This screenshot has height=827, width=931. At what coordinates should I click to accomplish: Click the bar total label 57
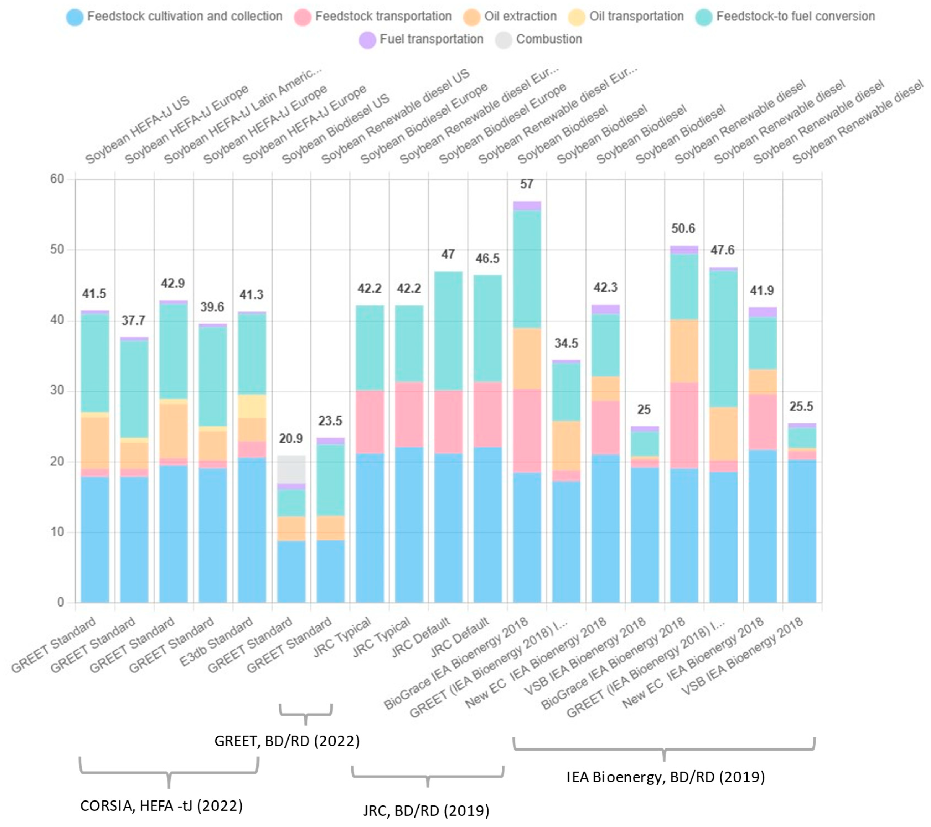coord(527,184)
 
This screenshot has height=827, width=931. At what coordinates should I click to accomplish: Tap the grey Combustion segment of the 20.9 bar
coord(291,469)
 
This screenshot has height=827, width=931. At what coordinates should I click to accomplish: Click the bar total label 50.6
coord(683,228)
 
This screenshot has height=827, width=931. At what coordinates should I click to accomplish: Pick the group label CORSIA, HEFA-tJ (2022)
coord(161,806)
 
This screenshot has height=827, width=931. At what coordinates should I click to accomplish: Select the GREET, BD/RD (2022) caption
coord(287,741)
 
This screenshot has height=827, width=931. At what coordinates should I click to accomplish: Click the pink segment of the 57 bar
coord(527,430)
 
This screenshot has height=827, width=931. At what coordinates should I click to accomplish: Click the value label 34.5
coord(566,343)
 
